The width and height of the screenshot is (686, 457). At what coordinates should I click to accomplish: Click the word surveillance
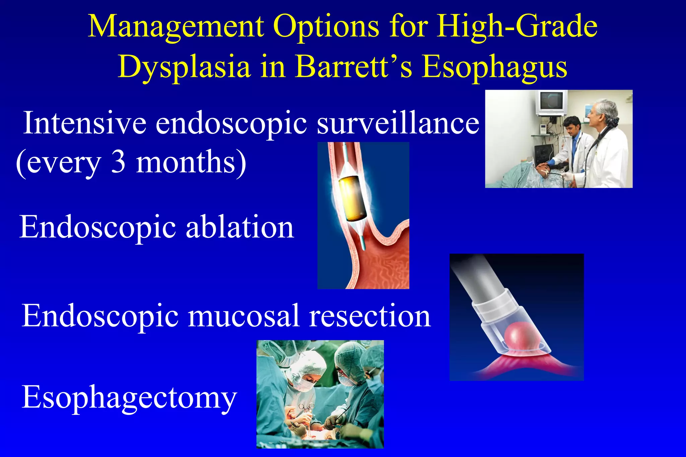click(x=398, y=123)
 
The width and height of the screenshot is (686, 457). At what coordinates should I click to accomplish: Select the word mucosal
click(x=244, y=316)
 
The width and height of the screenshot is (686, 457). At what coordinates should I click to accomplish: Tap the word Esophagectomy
click(x=129, y=397)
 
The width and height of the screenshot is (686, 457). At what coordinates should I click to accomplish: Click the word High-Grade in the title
click(x=517, y=27)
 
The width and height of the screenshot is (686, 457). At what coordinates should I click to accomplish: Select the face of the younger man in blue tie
click(x=572, y=127)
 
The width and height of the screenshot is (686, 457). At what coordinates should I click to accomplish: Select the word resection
click(x=370, y=316)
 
